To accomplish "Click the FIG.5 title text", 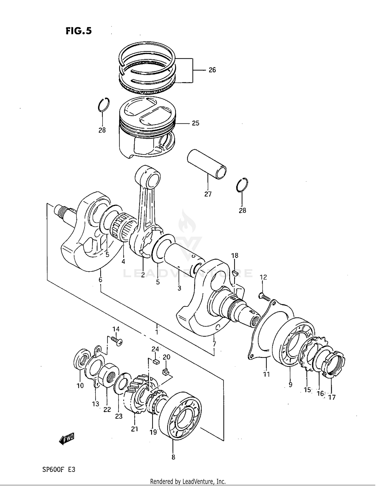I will tap(79, 31).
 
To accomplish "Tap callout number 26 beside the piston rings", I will tap(212, 70).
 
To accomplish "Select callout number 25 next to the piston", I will tap(196, 123).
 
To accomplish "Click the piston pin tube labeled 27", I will tap(207, 164).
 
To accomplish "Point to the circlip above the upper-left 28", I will tap(104, 105).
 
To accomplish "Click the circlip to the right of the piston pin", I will tap(242, 185).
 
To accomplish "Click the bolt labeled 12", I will tap(264, 297).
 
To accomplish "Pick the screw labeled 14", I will tap(117, 341).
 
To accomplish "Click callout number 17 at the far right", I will tap(331, 397).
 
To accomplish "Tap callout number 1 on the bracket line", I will tap(157, 332).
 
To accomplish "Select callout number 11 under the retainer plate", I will tap(266, 375).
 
